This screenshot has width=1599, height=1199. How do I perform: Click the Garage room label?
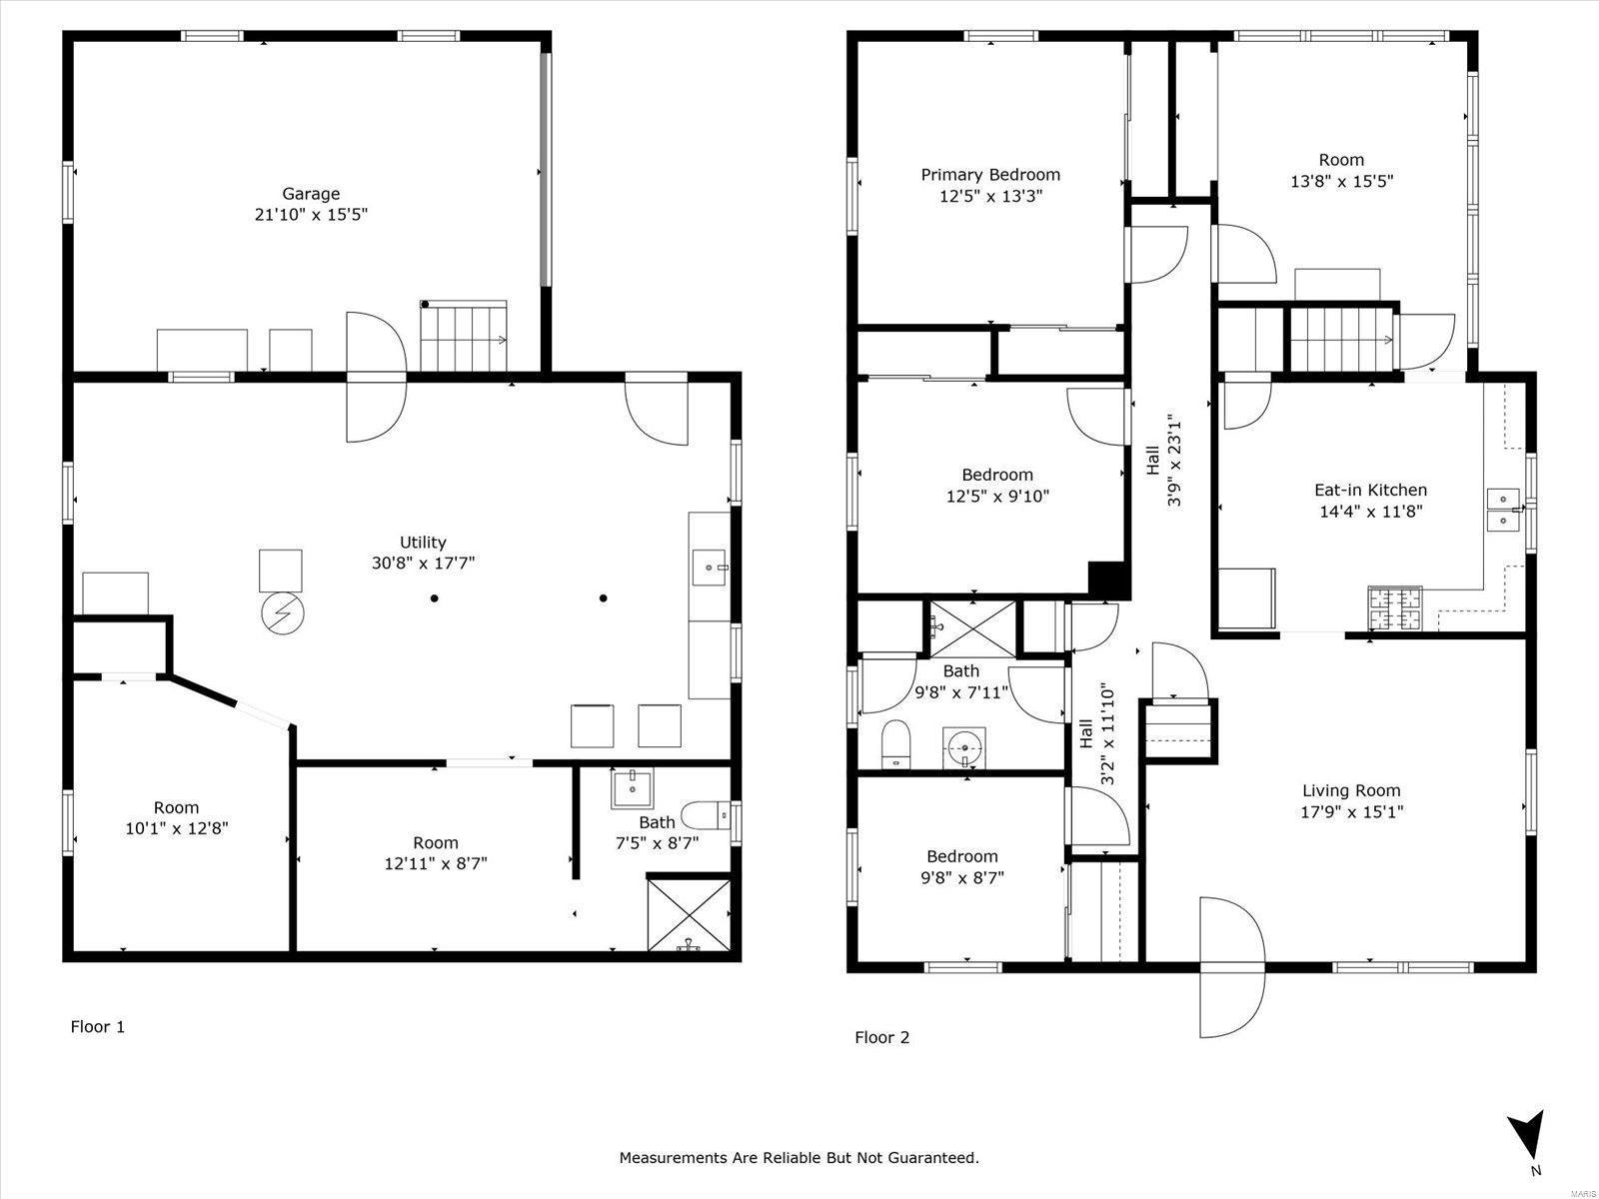click(311, 194)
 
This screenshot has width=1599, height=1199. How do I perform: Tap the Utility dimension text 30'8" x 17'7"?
click(424, 563)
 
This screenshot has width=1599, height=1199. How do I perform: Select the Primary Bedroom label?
click(990, 175)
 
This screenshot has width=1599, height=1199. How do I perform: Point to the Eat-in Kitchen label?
click(1370, 490)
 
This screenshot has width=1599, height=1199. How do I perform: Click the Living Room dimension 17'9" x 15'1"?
click(1351, 811)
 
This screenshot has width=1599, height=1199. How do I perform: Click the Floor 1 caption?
click(98, 1026)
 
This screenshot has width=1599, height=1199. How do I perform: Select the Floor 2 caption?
click(882, 1037)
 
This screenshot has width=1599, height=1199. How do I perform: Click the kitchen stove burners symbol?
click(1394, 607)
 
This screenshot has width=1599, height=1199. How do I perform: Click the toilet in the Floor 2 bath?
click(895, 744)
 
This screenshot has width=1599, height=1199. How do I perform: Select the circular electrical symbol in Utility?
click(283, 612)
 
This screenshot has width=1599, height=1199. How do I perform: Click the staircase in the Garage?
click(464, 337)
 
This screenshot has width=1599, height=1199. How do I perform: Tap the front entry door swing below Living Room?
click(1232, 967)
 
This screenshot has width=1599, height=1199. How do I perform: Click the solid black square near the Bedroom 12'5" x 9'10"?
click(1108, 581)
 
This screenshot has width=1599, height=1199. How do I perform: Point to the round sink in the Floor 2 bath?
click(964, 747)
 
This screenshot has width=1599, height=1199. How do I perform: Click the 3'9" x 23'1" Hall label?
click(1162, 461)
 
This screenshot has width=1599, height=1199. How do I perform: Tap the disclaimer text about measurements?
click(799, 1157)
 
